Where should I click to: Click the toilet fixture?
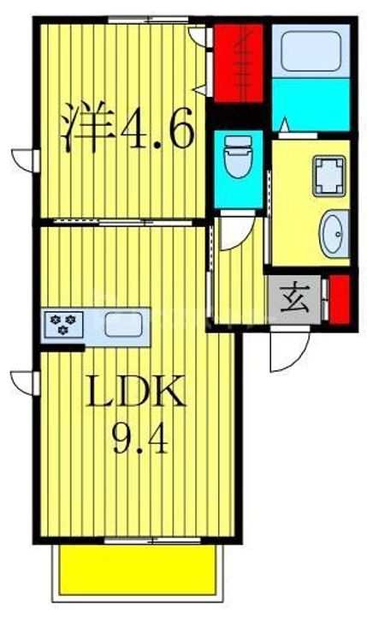click(238, 157)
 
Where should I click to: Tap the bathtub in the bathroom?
click(311, 51)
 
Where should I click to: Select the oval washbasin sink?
click(334, 234)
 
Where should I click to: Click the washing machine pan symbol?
click(329, 176)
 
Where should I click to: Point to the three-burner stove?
click(63, 324)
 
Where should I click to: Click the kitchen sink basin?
click(123, 324)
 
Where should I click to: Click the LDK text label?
click(135, 391)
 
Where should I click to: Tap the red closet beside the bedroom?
click(238, 63)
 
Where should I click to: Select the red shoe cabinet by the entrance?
click(340, 299)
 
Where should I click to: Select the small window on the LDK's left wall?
click(26, 383)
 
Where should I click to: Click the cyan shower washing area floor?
click(311, 105)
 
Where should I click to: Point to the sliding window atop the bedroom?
click(149, 19)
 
